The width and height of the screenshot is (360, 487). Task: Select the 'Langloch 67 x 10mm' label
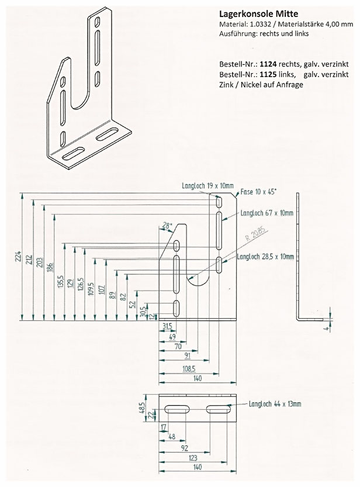(x=266, y=213)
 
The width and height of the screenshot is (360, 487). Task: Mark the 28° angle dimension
(x=168, y=226)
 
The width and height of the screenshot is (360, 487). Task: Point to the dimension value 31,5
(x=167, y=326)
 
